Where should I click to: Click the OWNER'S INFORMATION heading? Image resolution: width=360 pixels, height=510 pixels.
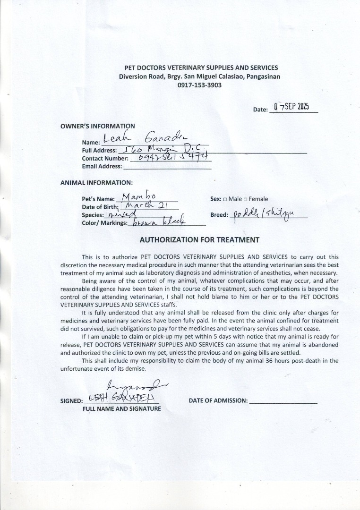click(x=97, y=126)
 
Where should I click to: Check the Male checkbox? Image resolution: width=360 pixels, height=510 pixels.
click(x=225, y=199)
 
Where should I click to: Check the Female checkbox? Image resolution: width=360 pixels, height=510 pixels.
click(x=246, y=199)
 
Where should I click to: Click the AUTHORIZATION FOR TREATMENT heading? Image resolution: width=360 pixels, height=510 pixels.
click(x=199, y=240)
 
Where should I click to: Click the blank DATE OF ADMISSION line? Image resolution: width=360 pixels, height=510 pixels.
click(x=283, y=401)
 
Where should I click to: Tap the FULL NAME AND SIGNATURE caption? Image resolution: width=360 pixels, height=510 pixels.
click(x=122, y=408)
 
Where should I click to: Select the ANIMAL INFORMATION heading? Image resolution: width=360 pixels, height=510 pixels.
click(x=96, y=182)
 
